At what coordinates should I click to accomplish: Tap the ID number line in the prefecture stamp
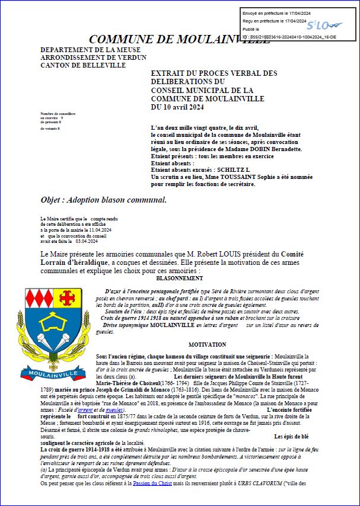[289, 37]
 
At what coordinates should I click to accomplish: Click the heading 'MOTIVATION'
[207, 344]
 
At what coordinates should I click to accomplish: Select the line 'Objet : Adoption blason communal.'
[104, 200]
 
